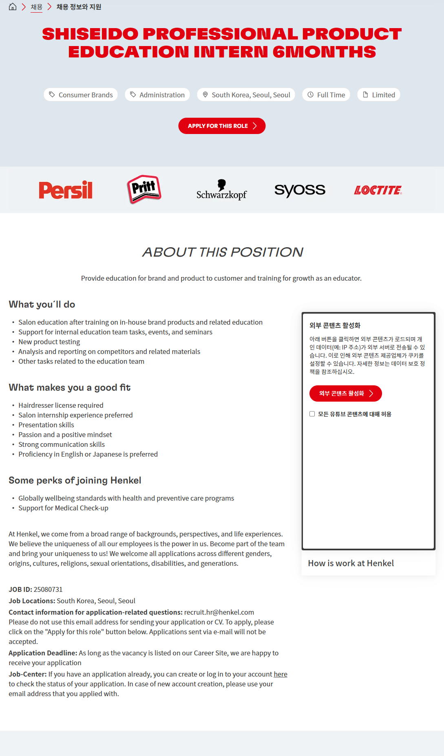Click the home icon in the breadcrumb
[13, 7]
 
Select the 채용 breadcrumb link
[36, 7]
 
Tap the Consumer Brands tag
[81, 95]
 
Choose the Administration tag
[157, 95]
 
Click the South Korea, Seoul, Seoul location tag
[246, 95]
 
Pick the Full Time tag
[326, 95]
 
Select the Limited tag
[379, 95]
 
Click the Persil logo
[66, 190]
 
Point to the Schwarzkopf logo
[221, 190]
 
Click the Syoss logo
[300, 190]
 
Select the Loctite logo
[378, 190]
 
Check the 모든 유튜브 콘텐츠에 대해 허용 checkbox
[312, 414]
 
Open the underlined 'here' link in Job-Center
[281, 674]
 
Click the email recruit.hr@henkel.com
[219, 612]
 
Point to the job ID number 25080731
[48, 589]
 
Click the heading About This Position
[222, 252]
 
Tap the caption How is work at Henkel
[351, 563]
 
